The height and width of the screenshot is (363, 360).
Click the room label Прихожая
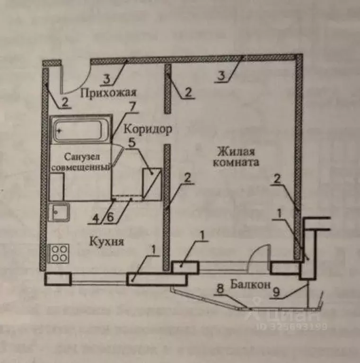(108, 92)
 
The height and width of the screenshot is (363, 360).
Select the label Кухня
(106, 242)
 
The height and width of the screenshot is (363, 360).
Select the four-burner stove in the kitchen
(59, 254)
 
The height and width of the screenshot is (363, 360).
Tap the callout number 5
(132, 141)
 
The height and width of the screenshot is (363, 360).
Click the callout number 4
(96, 219)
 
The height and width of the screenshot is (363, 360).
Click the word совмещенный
(80, 168)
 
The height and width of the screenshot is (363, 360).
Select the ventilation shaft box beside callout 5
(152, 183)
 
